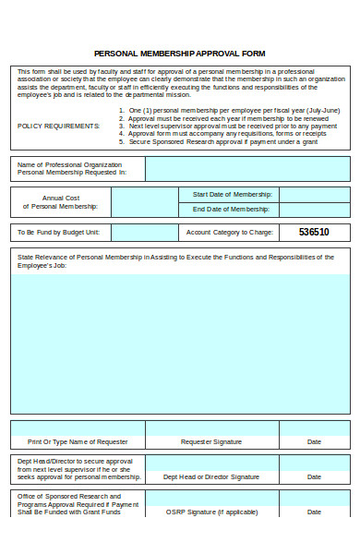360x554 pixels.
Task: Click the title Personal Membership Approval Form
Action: [x=180, y=54]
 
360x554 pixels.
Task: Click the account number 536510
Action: [x=314, y=232]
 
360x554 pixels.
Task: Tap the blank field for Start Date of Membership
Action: [x=314, y=195]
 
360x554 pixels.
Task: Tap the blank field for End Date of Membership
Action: [x=314, y=210]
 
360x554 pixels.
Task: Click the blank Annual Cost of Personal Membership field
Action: [x=145, y=202]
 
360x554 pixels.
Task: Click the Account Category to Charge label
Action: [x=229, y=233]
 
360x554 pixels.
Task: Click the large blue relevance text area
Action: [x=180, y=342]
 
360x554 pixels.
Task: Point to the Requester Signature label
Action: [x=211, y=442]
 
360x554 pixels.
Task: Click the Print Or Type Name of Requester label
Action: [x=78, y=442]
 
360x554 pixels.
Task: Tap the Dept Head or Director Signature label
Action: [x=211, y=476]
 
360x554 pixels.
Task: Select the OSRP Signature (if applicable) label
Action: [x=211, y=511]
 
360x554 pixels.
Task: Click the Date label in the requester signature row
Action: [x=314, y=442]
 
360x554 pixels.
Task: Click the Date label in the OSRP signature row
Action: [x=314, y=511]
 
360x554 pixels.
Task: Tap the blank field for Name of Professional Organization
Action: [x=246, y=169]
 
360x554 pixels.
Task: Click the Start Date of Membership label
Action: [x=232, y=195]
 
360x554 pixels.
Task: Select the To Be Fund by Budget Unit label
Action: [x=59, y=233]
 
